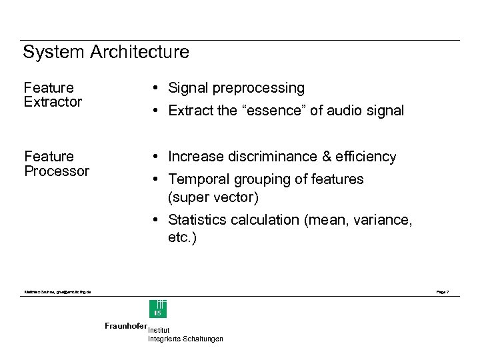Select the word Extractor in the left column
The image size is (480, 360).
pyautogui.click(x=53, y=102)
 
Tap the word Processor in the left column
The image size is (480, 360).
pyautogui.click(x=57, y=171)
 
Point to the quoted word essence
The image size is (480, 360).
pyautogui.click(x=273, y=111)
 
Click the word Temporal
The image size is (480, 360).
pyautogui.click(x=196, y=179)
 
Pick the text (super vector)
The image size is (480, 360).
pyautogui.click(x=213, y=198)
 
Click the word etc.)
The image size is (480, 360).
pyautogui.click(x=182, y=238)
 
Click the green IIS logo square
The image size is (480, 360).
pyautogui.click(x=158, y=309)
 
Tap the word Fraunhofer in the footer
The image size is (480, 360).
pyautogui.click(x=125, y=326)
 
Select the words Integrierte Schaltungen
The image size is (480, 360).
pyautogui.click(x=185, y=339)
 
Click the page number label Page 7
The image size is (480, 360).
pyautogui.click(x=442, y=292)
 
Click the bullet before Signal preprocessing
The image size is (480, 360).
pyautogui.click(x=154, y=88)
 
